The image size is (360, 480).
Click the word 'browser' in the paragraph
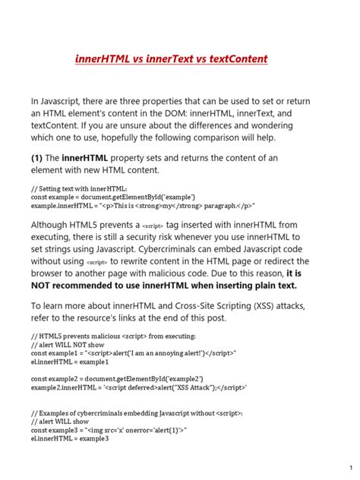pos(50,272)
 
